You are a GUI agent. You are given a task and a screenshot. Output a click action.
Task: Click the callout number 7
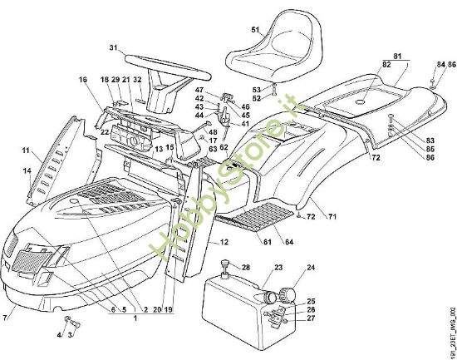click(7, 317)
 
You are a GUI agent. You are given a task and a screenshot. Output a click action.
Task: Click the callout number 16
click(83, 79)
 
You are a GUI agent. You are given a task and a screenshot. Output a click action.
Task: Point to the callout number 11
click(26, 150)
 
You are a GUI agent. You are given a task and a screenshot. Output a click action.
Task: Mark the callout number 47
click(199, 89)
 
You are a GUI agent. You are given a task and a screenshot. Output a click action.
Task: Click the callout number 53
click(257, 89)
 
